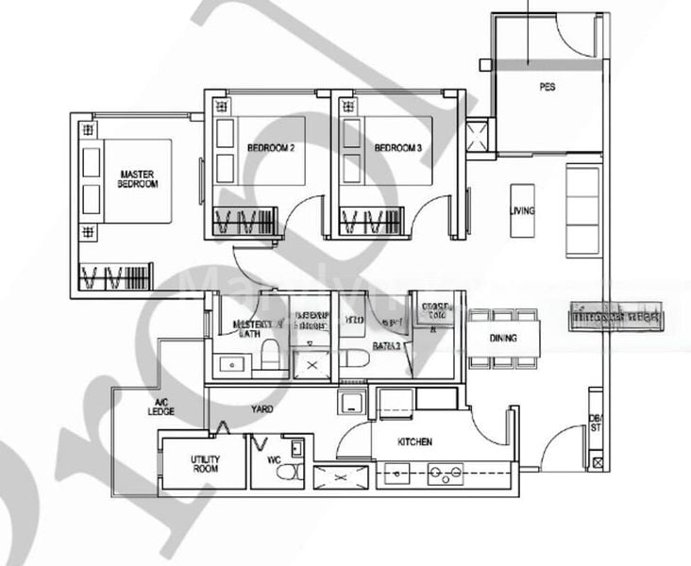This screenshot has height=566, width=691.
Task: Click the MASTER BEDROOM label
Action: pyautogui.click(x=138, y=179)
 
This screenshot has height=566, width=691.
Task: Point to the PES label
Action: pyautogui.click(x=548, y=87)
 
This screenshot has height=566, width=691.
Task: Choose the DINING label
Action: pyautogui.click(x=503, y=338)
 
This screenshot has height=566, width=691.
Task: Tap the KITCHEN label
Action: pyautogui.click(x=414, y=441)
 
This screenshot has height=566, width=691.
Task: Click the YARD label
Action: pyautogui.click(x=262, y=410)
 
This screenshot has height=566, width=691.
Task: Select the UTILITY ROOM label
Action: pyautogui.click(x=205, y=462)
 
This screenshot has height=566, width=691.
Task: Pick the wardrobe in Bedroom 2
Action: pyautogui.click(x=244, y=223)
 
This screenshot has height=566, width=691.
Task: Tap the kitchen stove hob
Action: pyautogui.click(x=445, y=474)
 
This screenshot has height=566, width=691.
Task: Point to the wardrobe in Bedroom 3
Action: pyautogui.click(x=369, y=223)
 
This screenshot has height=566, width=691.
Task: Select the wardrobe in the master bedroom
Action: pyautogui.click(x=114, y=277)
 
